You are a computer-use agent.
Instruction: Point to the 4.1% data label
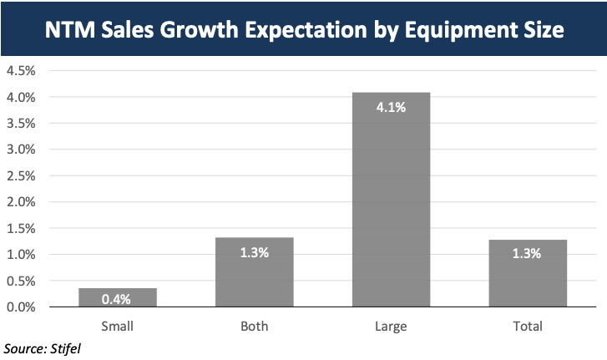391,106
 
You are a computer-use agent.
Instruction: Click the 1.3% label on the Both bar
255,252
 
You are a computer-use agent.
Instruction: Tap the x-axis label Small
118,326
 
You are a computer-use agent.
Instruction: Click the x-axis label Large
391,326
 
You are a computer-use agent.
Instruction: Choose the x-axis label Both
255,326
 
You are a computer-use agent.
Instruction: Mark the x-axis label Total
528,326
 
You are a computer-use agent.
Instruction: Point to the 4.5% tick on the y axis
21,71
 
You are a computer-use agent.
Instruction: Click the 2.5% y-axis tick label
21,175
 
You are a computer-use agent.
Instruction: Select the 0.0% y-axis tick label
21,307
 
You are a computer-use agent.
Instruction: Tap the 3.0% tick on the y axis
21,150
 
